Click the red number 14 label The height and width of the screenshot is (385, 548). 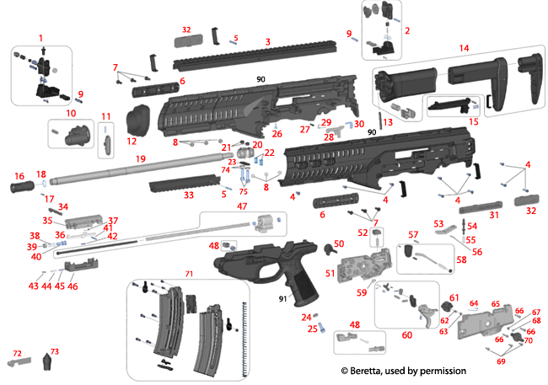pyautogui.click(x=464, y=48)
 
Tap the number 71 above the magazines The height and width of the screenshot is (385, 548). pyautogui.click(x=189, y=275)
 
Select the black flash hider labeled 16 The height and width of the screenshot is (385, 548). pyautogui.click(x=20, y=180)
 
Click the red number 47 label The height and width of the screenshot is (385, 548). pyautogui.click(x=241, y=206)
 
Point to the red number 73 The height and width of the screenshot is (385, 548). pyautogui.click(x=55, y=351)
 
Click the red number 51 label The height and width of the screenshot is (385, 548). pyautogui.click(x=329, y=272)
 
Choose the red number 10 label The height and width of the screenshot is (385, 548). pyautogui.click(x=71, y=112)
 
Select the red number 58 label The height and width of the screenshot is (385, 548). pyautogui.click(x=460, y=260)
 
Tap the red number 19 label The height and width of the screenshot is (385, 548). pyautogui.click(x=141, y=158)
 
